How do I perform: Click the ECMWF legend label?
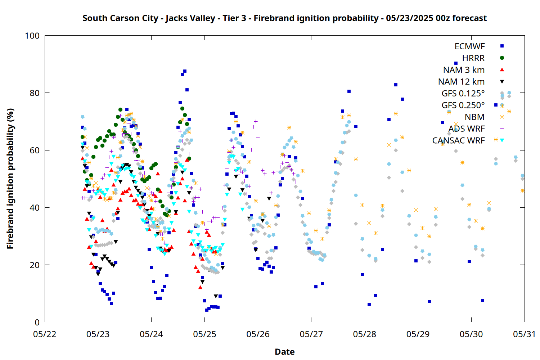pos(469,46)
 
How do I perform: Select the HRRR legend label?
pos(473,58)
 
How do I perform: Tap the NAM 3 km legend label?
pos(464,70)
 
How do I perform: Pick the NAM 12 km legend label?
pos(461,82)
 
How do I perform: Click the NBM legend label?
pos(474,117)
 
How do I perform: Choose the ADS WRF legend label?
pos(467,129)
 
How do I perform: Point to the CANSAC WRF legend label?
pos(458,140)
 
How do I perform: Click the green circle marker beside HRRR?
pos(502,58)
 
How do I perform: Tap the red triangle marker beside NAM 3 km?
pos(502,70)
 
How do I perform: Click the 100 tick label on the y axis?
pos(32,36)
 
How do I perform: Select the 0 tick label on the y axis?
pos(37,322)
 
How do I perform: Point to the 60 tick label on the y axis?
pos(35,150)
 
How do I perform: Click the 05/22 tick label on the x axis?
pos(45,334)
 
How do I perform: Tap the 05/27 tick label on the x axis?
pos(311,334)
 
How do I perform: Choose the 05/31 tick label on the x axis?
pos(525,334)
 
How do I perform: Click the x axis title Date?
pos(285,352)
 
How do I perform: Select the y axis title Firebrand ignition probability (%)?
pos(10,179)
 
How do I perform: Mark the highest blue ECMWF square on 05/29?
pos(456,63)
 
